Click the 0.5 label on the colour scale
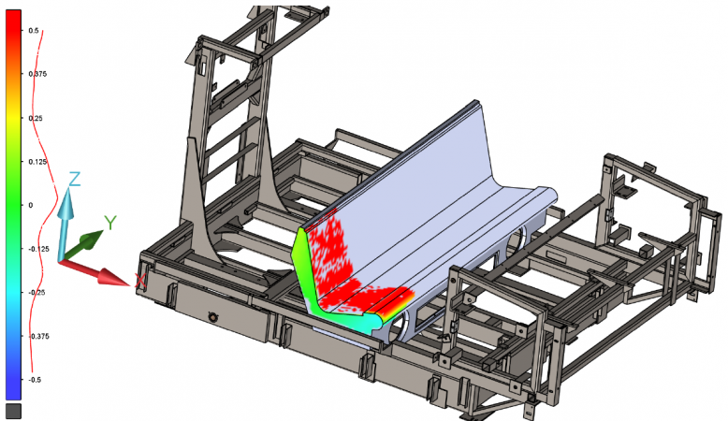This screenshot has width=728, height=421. click(x=34, y=31)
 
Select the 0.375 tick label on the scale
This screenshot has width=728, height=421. click(x=37, y=74)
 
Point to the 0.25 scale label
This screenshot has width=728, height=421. click(x=36, y=119)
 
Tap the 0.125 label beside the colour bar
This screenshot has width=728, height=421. click(x=37, y=162)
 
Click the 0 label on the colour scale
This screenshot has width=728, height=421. click(x=31, y=205)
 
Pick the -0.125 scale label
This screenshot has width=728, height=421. click(x=39, y=249)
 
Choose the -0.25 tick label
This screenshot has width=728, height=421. click(x=37, y=293)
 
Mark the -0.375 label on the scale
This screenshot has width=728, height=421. click(x=39, y=336)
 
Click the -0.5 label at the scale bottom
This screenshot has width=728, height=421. click(x=35, y=380)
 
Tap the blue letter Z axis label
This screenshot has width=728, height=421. click(x=74, y=180)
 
